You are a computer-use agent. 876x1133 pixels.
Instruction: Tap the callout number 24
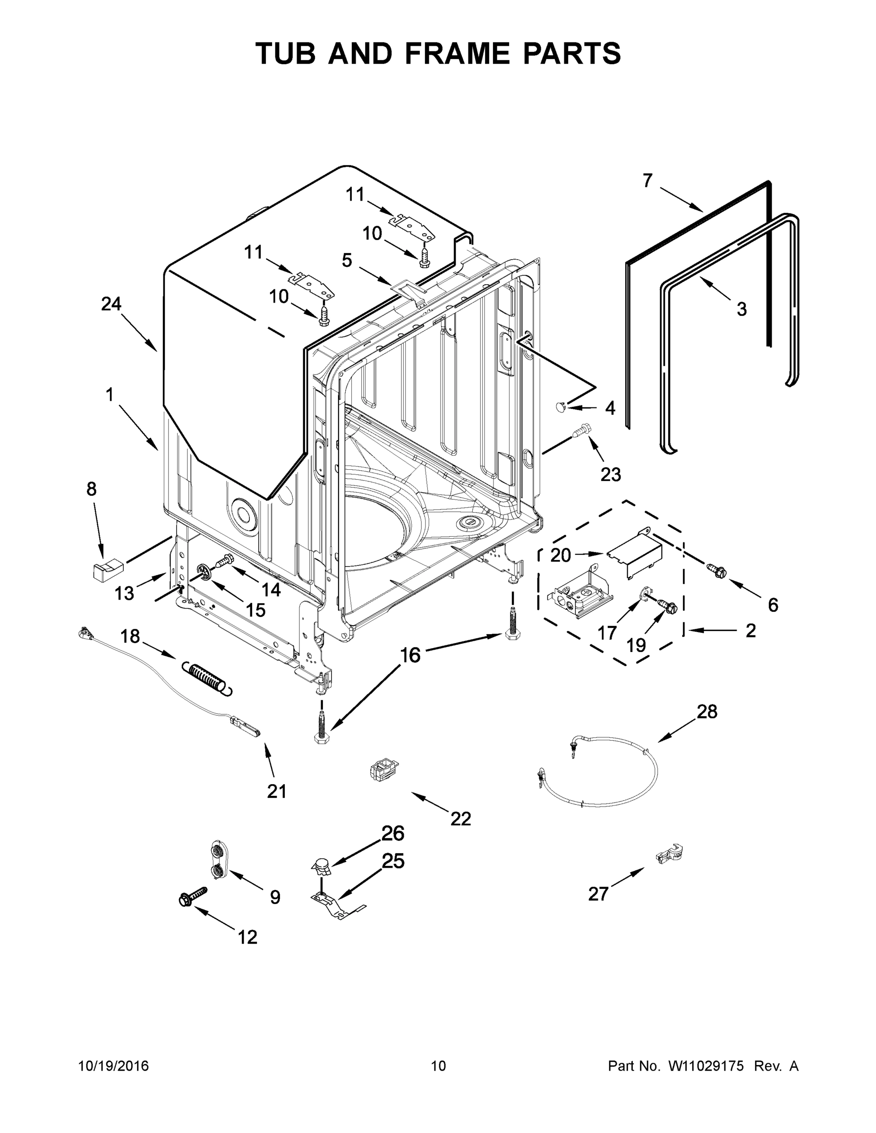(111, 304)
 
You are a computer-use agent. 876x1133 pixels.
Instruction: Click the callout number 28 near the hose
(707, 711)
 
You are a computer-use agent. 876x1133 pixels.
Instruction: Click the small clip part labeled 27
(670, 854)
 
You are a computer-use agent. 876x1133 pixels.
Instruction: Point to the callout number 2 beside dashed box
(750, 630)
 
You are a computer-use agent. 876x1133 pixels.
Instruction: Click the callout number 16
(410, 655)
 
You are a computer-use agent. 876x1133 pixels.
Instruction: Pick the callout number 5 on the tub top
(347, 260)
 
